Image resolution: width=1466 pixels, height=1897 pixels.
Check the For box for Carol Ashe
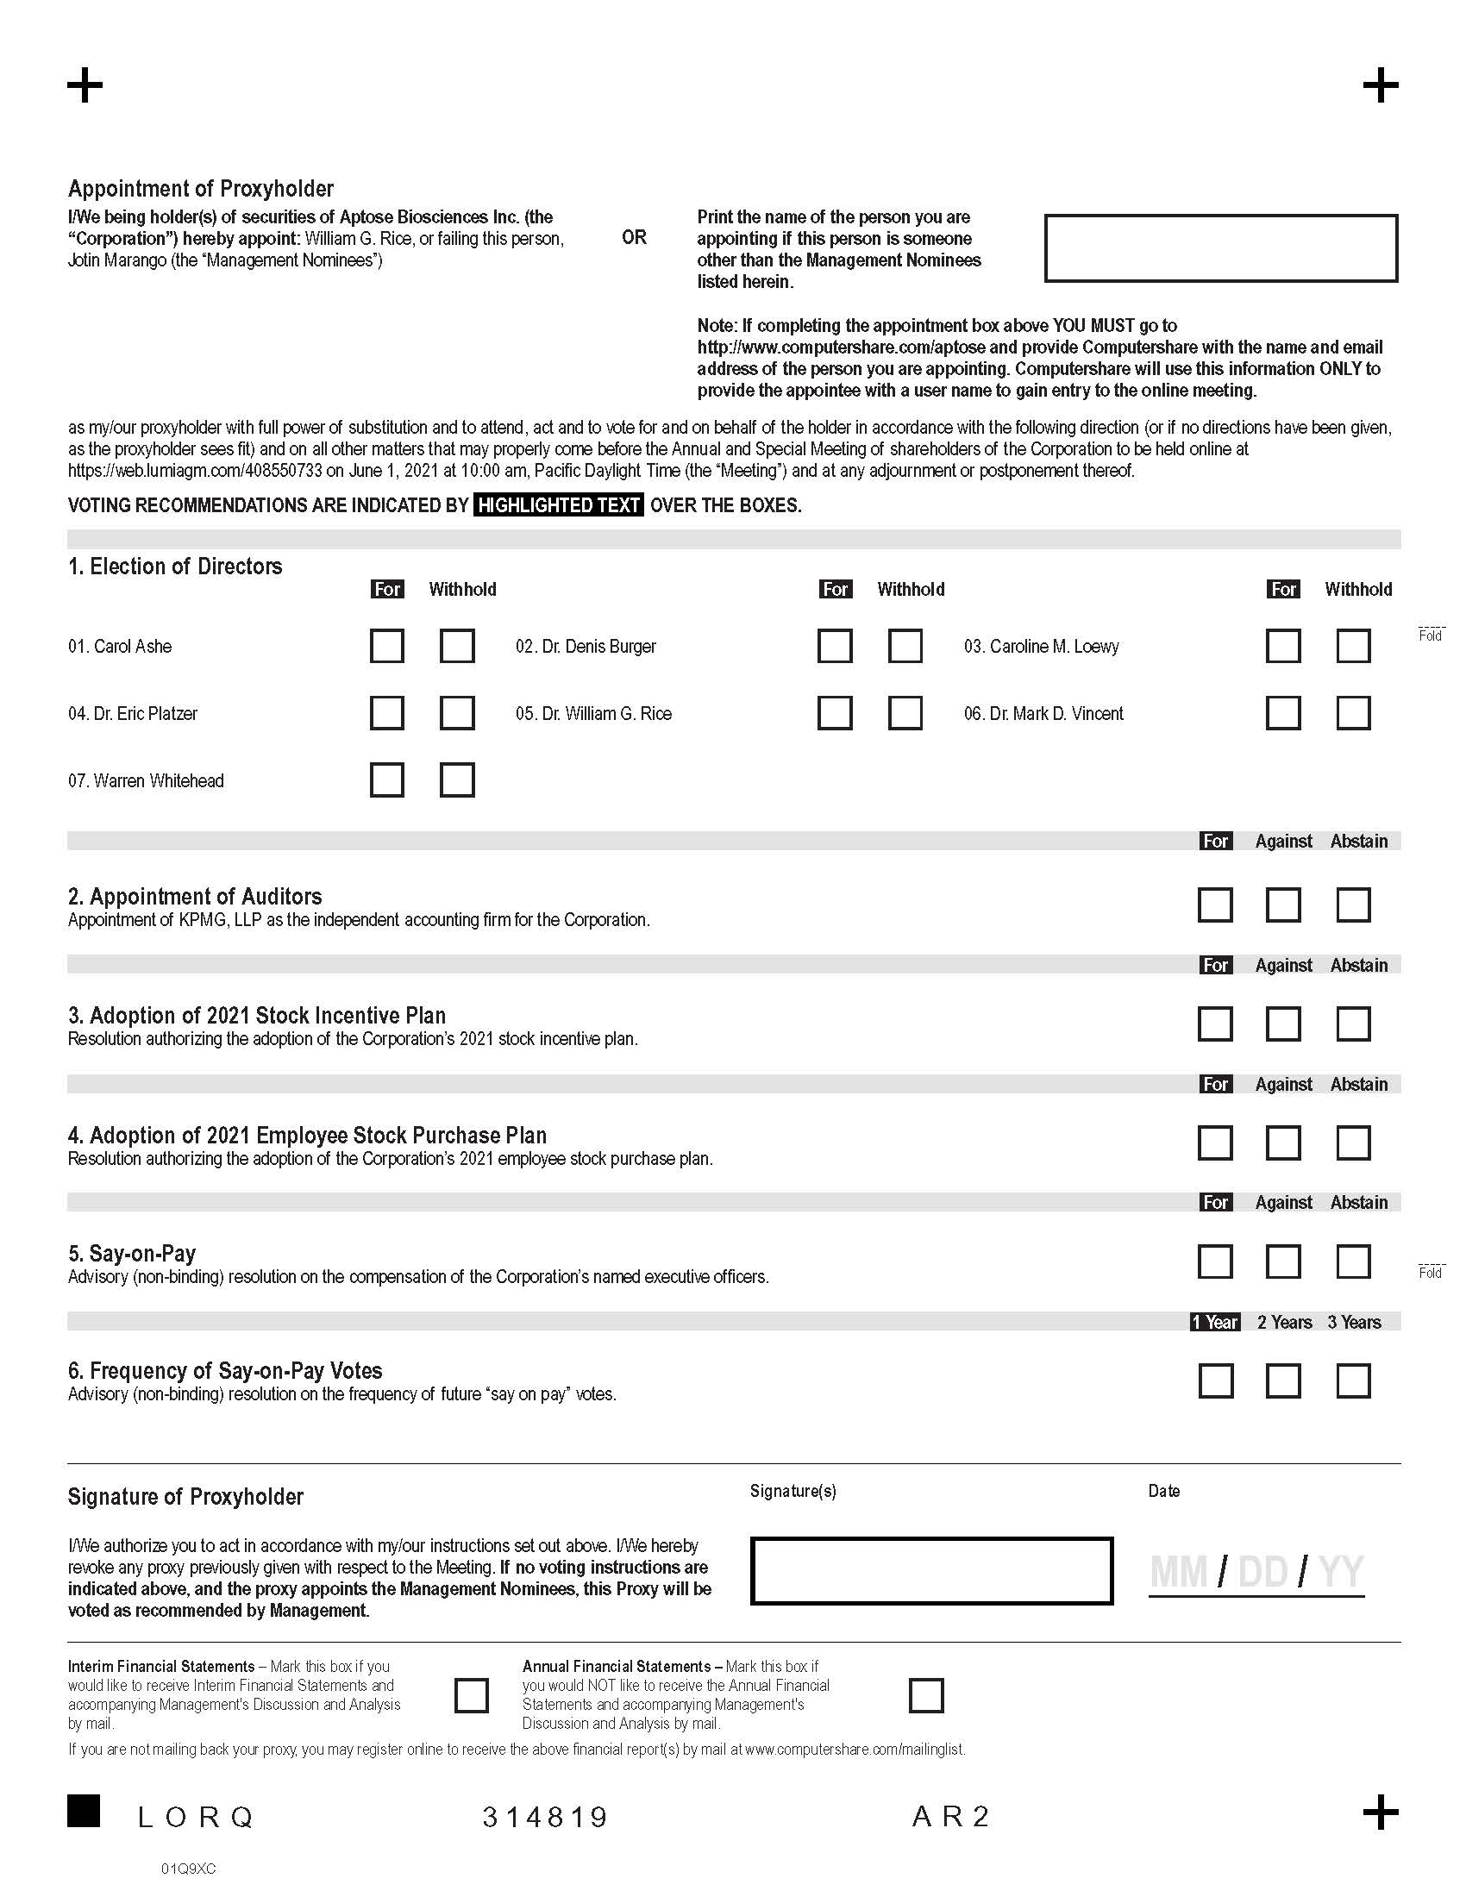click(x=386, y=645)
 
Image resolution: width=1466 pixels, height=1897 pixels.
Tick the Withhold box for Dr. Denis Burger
click(x=905, y=645)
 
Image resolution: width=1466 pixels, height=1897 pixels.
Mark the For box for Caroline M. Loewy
click(x=1283, y=645)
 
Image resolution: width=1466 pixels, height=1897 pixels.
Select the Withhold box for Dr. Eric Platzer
click(x=457, y=713)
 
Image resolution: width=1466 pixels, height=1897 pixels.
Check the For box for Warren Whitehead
click(x=386, y=780)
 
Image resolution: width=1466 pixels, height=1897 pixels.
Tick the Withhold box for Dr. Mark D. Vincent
click(x=1353, y=713)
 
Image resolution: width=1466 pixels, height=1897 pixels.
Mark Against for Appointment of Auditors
click(x=1283, y=905)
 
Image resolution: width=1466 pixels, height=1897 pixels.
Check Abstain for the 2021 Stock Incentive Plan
click(x=1353, y=1024)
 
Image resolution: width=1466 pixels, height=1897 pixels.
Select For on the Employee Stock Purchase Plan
click(x=1214, y=1143)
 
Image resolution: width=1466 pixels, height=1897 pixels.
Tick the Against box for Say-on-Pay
click(x=1283, y=1262)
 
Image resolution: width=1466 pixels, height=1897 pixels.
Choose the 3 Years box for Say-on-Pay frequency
click(x=1353, y=1380)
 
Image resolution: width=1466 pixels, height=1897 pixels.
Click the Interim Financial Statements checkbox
click(x=472, y=1694)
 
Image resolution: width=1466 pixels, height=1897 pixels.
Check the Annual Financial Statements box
click(x=926, y=1694)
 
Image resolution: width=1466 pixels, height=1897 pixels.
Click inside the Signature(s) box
click(x=931, y=1570)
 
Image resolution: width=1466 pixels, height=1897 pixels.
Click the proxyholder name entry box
click(x=1220, y=247)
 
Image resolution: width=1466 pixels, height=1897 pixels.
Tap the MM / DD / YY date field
click(x=1256, y=1572)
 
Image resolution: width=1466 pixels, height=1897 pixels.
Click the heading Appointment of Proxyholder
click(x=201, y=189)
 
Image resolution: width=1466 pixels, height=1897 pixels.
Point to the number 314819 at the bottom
click(x=545, y=1816)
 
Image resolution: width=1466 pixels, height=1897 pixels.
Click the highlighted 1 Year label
click(x=1214, y=1322)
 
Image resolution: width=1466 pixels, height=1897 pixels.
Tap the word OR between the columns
click(x=634, y=237)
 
